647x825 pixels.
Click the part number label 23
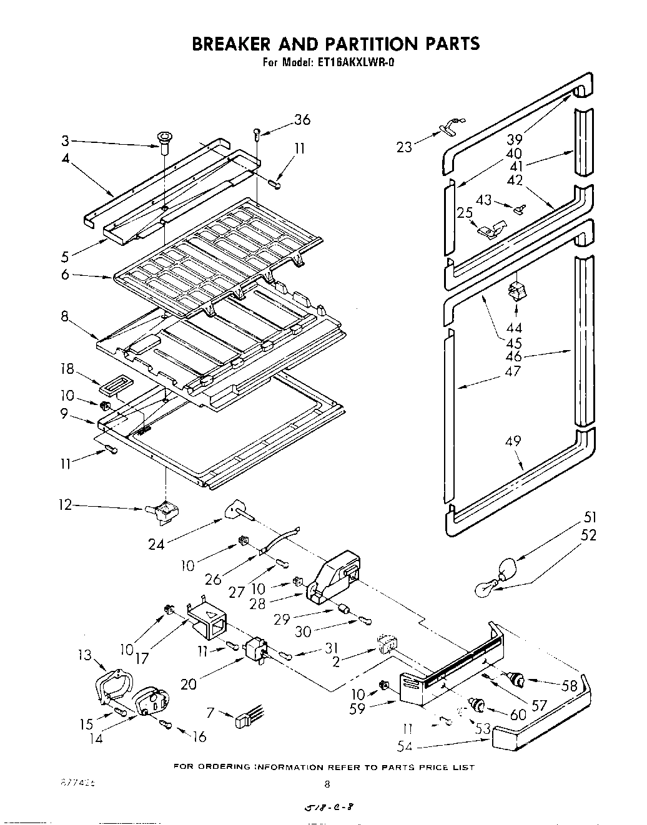(x=404, y=147)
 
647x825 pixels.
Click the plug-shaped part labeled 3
(x=166, y=140)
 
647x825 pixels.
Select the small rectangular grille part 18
(x=113, y=388)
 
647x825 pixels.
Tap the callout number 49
(x=513, y=442)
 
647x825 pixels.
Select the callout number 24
(x=156, y=544)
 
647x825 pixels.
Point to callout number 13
(x=86, y=655)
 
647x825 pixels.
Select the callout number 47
(x=513, y=372)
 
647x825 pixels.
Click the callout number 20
(x=188, y=684)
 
